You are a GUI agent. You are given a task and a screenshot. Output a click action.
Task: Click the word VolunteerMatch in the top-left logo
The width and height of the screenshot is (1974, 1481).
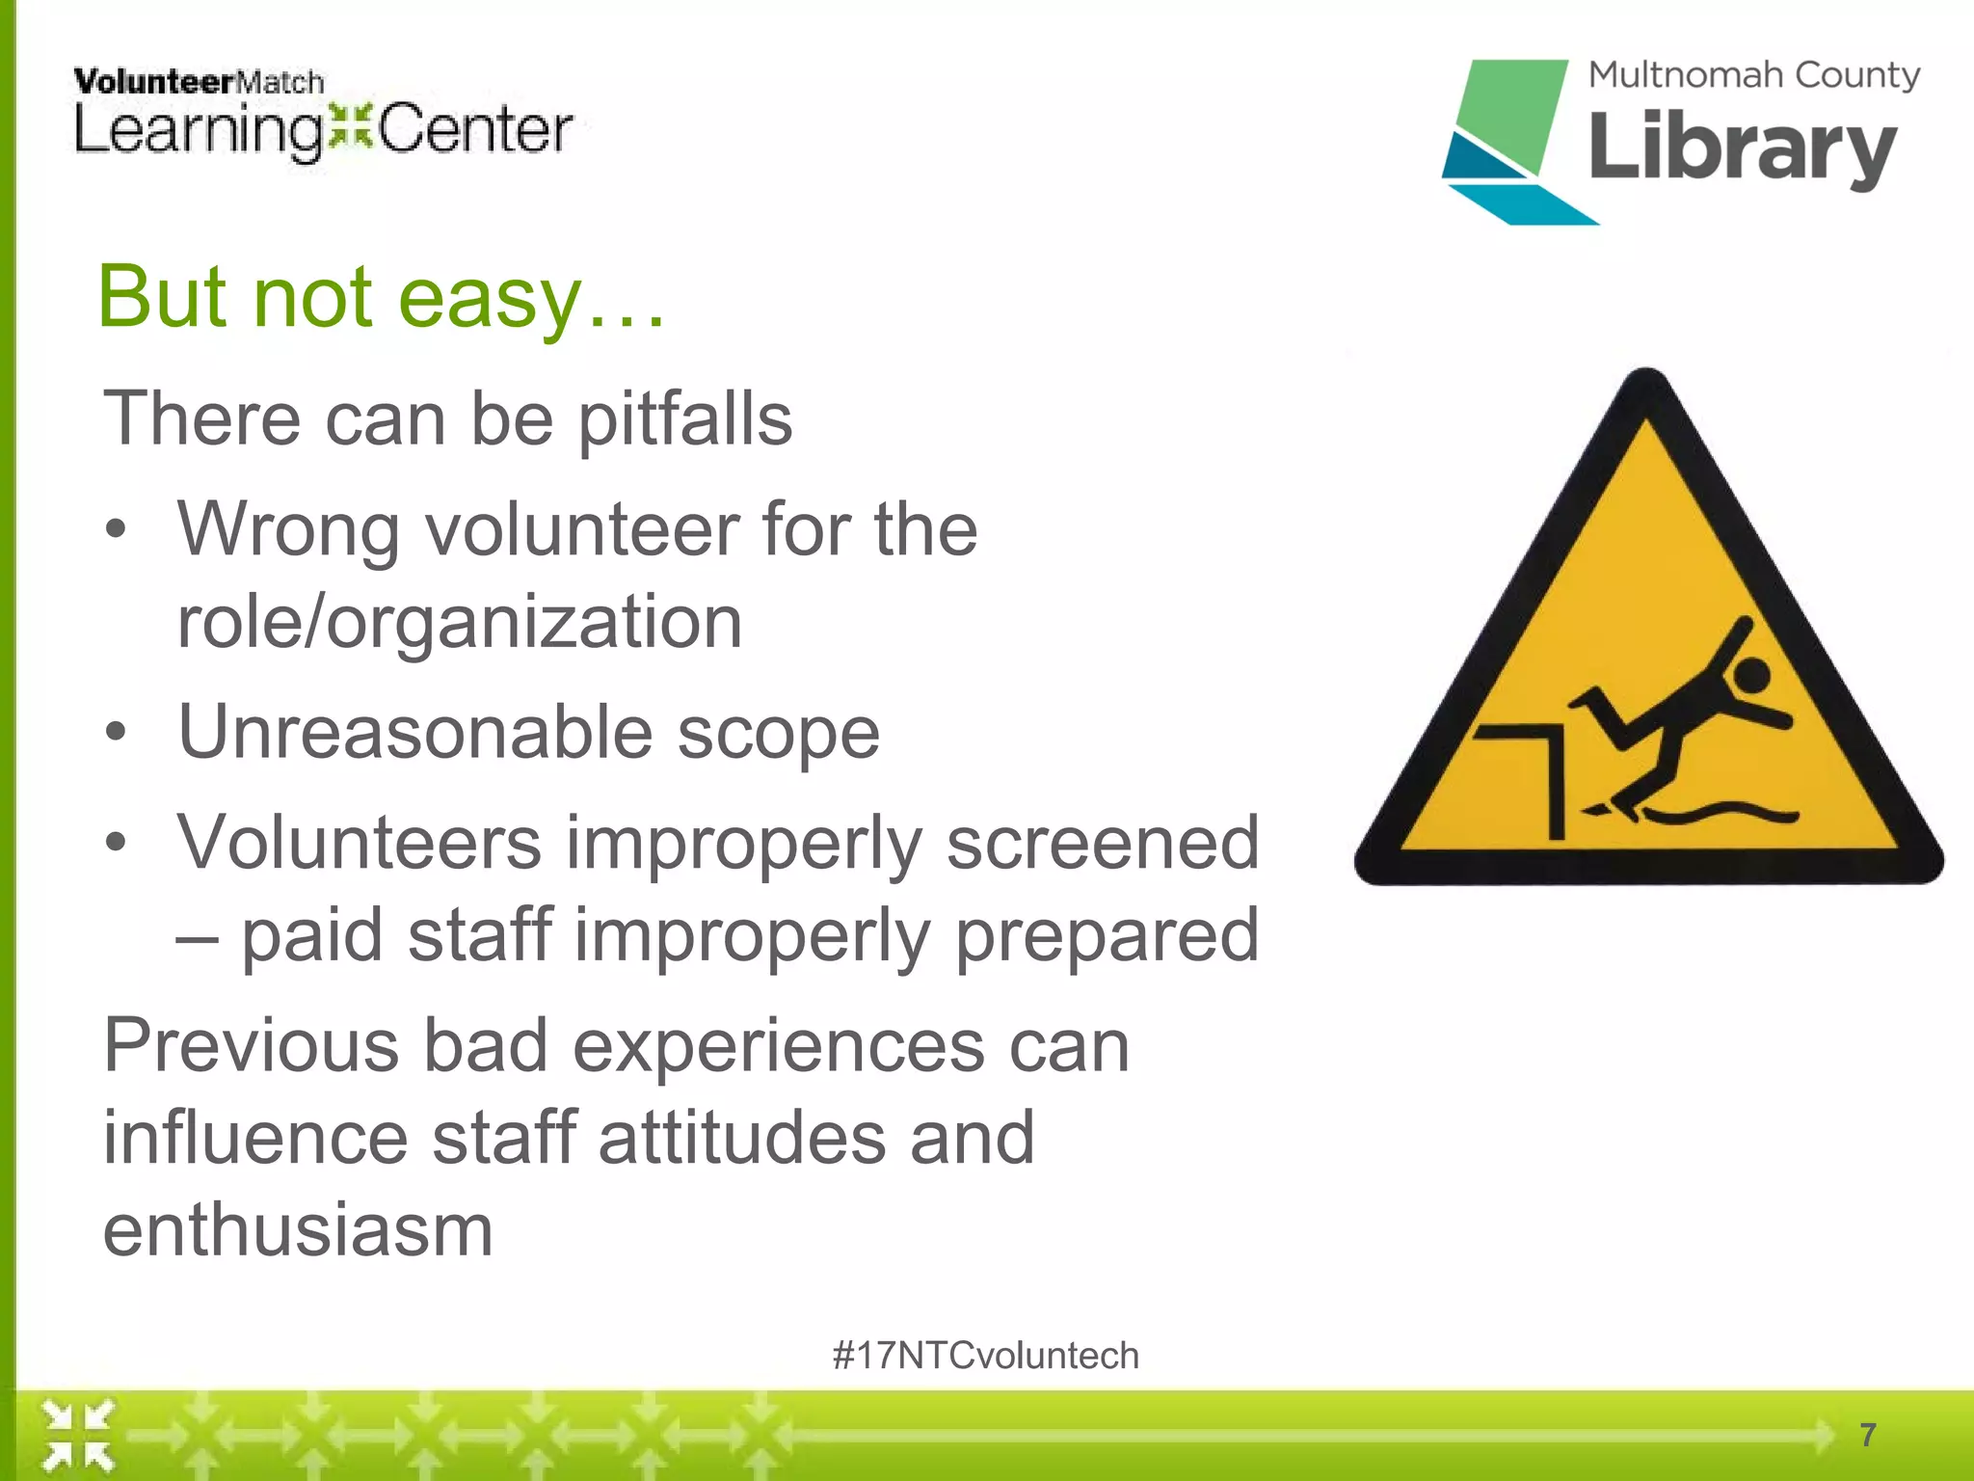pos(198,82)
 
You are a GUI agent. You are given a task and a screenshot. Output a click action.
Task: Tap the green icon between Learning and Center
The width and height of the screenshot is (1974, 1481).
pos(349,127)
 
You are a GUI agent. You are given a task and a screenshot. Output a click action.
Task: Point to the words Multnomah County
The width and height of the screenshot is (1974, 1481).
pos(1753,75)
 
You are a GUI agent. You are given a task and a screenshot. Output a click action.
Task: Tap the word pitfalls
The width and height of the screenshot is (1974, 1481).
pos(684,419)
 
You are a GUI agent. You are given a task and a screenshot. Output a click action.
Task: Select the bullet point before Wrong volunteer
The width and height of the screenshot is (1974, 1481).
pos(116,529)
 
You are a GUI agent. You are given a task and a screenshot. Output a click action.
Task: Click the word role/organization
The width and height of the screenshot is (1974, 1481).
pos(460,622)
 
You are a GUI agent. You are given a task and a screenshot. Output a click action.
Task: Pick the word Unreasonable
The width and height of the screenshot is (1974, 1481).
pos(415,732)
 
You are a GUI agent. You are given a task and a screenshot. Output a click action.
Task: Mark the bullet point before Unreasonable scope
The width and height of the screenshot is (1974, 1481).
pos(116,732)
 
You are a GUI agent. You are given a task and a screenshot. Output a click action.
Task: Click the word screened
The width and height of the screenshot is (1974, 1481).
pos(1102,842)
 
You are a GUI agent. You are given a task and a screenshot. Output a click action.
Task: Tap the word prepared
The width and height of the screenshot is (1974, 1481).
pos(1107,934)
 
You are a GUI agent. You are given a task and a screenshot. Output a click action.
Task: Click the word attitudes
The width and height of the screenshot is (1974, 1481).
pos(741,1138)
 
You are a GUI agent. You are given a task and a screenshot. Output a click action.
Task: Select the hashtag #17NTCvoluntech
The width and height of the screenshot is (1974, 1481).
pos(985,1356)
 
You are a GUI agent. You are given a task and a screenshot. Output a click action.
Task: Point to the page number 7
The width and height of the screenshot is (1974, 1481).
pos(1868,1435)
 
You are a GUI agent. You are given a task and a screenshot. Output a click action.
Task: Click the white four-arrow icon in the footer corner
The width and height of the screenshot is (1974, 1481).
pos(77,1437)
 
